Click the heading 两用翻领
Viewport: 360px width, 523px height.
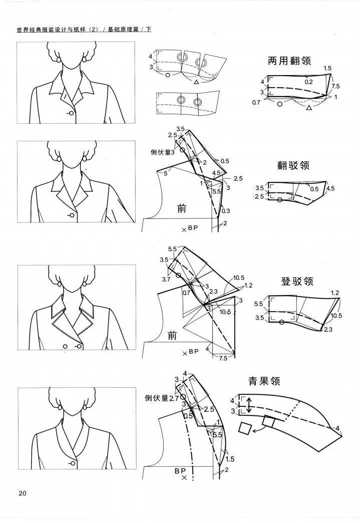pyautogui.click(x=289, y=61)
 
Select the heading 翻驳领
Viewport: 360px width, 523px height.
pyautogui.click(x=293, y=165)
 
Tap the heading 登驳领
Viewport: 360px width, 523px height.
pyautogui.click(x=297, y=281)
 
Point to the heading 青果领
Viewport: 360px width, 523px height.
pyautogui.click(x=264, y=381)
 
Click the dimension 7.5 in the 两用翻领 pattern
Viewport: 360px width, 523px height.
pyautogui.click(x=335, y=86)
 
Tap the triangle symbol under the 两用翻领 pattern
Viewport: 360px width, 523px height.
pyautogui.click(x=309, y=108)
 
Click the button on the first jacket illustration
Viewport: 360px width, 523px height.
pyautogui.click(x=71, y=113)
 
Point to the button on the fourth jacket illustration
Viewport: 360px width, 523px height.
pyautogui.click(x=73, y=463)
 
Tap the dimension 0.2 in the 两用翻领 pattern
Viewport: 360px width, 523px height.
pyautogui.click(x=309, y=81)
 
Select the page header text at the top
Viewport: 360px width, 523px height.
pyautogui.click(x=84, y=30)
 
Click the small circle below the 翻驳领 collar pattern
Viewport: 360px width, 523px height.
pyautogui.click(x=279, y=200)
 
